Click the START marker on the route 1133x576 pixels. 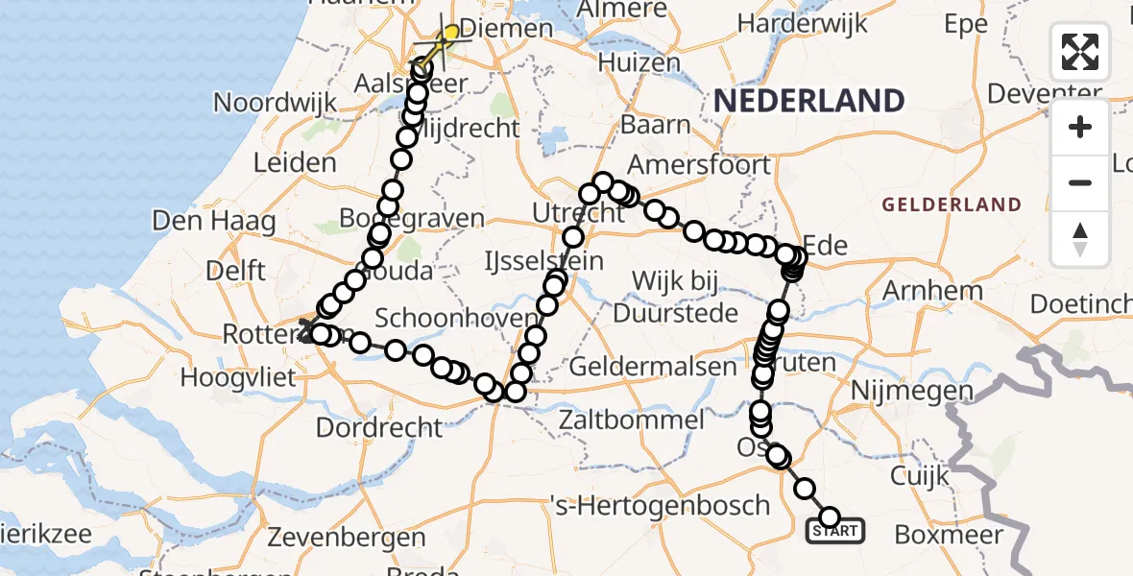[835, 530]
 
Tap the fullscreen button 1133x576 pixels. [1080, 52]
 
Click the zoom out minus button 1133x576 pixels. [1080, 182]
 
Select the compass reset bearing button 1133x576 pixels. [1080, 238]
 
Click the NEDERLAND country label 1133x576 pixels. [808, 101]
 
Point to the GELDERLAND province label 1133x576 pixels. [952, 204]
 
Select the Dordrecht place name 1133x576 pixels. [379, 427]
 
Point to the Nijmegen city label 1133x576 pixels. [913, 391]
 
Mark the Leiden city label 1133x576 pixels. [295, 162]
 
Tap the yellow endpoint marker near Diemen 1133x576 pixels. [449, 34]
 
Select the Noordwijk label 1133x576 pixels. [275, 103]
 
